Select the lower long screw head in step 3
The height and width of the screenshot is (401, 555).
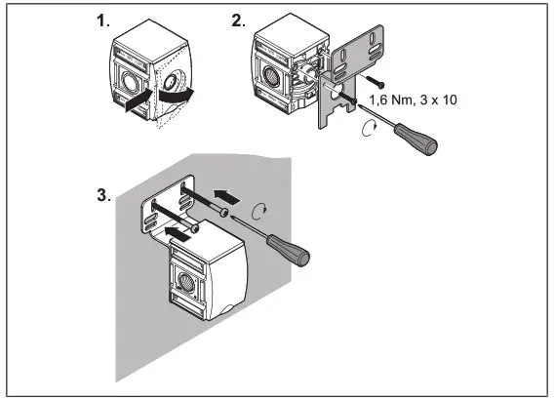click(196, 227)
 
